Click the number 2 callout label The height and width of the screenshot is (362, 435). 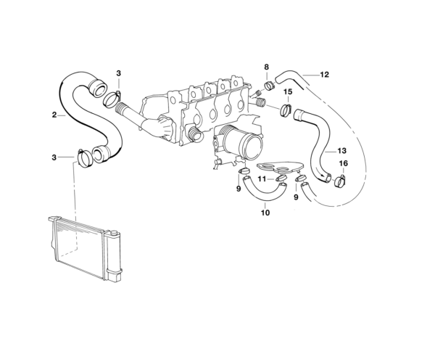pyautogui.click(x=54, y=115)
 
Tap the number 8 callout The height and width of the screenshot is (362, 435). pyautogui.click(x=266, y=67)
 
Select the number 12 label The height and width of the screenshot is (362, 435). pyautogui.click(x=325, y=74)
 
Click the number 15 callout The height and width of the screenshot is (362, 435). pyautogui.click(x=288, y=92)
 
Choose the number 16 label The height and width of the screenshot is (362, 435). pyautogui.click(x=343, y=164)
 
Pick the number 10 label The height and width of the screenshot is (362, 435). pyautogui.click(x=265, y=213)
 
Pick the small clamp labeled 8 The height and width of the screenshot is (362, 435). pyautogui.click(x=269, y=85)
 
